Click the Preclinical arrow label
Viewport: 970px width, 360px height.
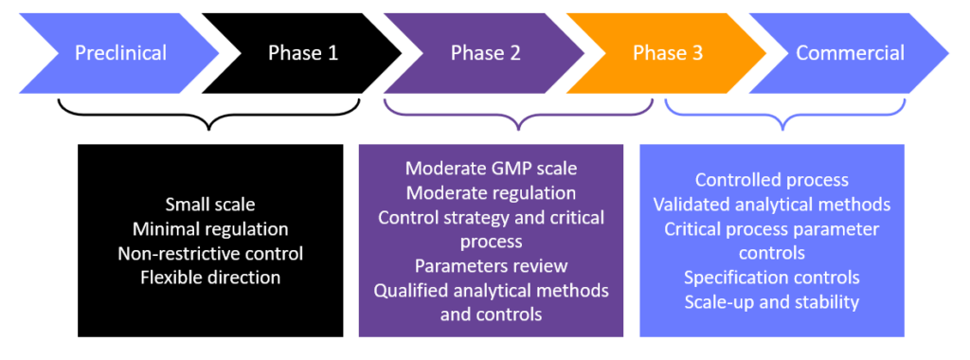coord(120,53)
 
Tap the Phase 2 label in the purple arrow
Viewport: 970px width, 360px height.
coord(487,53)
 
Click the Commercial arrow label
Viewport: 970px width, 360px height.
coord(850,53)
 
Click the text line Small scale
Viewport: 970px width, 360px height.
coord(210,204)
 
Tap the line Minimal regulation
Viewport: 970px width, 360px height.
coord(210,228)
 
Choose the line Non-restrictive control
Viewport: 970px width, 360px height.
coord(210,253)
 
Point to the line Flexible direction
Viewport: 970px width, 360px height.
coord(210,278)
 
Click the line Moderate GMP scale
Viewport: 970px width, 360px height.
coord(491,169)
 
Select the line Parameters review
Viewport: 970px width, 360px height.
coord(491,266)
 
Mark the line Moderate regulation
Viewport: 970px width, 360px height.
coord(491,193)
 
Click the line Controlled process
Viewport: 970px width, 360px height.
coord(771,180)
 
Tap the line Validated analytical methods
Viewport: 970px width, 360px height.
coord(771,204)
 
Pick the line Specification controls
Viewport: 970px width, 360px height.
coord(771,278)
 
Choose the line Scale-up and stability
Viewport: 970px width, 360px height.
coord(771,302)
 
